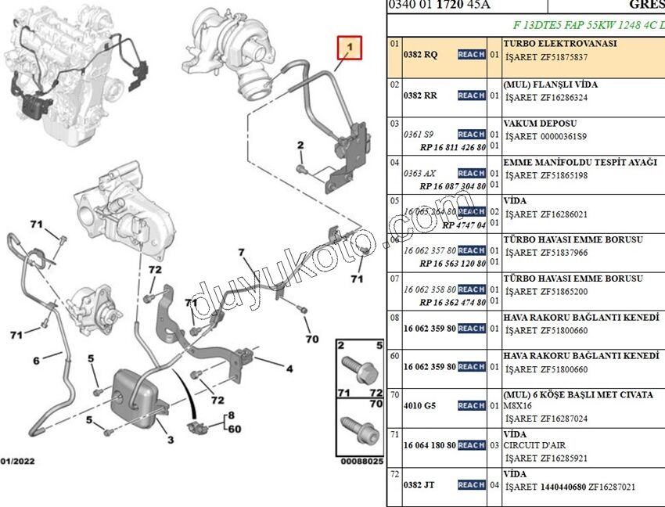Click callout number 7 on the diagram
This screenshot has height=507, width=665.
click(x=242, y=252)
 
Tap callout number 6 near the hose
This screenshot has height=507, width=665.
click(x=36, y=361)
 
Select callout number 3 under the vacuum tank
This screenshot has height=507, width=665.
click(x=171, y=440)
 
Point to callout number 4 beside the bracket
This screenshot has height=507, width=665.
click(x=289, y=369)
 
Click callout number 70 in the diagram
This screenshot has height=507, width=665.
click(x=312, y=339)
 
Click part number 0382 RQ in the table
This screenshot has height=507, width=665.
click(x=420, y=56)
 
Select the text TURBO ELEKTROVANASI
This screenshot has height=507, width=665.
click(x=560, y=44)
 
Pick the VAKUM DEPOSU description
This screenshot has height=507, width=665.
click(x=540, y=124)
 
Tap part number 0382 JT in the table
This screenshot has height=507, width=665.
click(x=419, y=485)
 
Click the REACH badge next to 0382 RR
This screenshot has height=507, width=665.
click(x=471, y=95)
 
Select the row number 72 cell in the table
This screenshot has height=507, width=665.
click(x=395, y=474)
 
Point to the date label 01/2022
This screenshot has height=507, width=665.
click(x=17, y=461)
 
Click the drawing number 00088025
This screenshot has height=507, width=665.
click(x=361, y=462)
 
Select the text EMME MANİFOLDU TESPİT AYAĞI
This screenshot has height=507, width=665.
click(x=580, y=162)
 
